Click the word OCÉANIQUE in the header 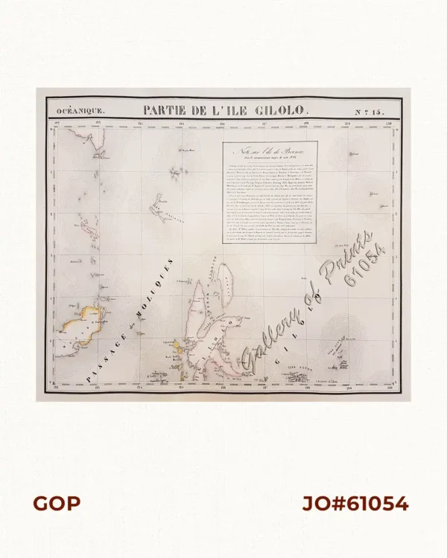75,111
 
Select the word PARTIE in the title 168,110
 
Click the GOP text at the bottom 56,504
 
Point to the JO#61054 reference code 355,504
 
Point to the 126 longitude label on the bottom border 223,388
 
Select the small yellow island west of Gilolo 179,347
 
